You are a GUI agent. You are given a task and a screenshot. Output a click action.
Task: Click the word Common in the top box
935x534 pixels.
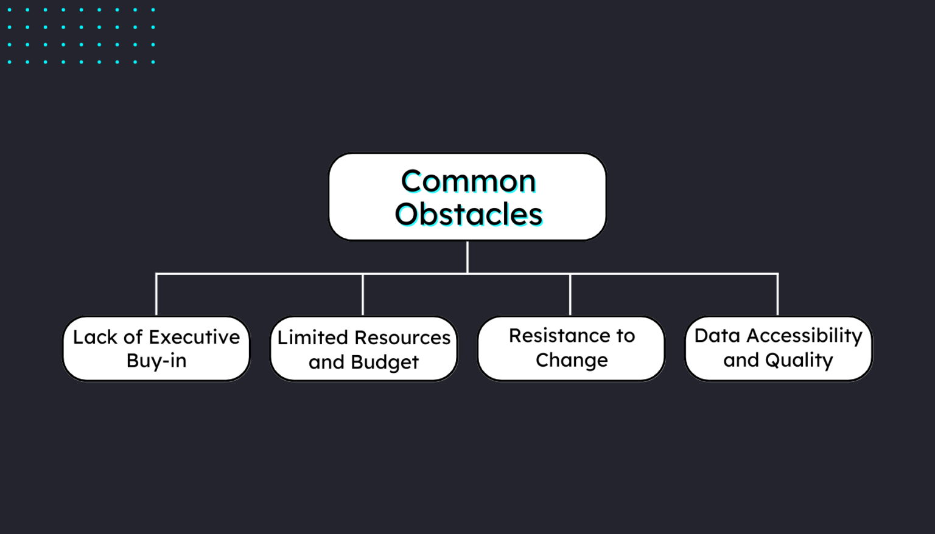468,181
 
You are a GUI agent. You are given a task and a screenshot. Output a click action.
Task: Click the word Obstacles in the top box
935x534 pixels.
468,214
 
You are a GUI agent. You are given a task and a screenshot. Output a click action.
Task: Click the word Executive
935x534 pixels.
194,337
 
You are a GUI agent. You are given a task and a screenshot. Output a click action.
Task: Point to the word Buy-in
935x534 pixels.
156,361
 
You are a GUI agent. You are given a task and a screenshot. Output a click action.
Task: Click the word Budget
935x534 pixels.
385,362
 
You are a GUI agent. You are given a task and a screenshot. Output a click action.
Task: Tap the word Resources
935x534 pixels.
402,338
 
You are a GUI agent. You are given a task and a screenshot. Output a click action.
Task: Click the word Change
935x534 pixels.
571,360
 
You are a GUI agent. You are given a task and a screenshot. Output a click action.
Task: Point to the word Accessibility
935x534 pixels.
804,336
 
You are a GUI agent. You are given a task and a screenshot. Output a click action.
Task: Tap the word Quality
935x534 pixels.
799,360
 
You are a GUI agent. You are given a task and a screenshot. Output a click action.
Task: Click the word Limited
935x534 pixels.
312,338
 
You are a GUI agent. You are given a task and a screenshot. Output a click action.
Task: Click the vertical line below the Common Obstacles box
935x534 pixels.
467,257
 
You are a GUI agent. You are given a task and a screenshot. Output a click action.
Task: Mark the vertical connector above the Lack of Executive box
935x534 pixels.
156,295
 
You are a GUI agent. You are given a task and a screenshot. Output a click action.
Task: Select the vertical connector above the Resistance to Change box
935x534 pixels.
570,295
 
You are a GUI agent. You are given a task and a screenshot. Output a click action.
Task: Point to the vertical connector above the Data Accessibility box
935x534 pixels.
777,295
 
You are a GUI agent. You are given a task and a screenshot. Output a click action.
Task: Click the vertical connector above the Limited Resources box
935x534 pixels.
363,295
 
